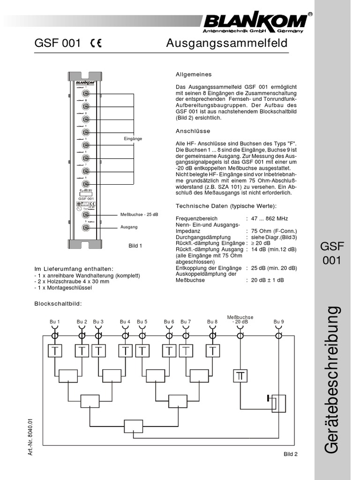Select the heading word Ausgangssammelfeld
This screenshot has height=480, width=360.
pos(227,44)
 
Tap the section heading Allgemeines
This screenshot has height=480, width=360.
pos(194,75)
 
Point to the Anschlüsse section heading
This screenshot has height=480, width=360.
pos(193,131)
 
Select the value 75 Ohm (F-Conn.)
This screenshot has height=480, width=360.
pos(274,231)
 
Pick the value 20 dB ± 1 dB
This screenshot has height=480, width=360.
pos(268,280)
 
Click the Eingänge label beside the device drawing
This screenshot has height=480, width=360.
pos(133,139)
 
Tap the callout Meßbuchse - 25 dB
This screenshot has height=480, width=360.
pos(139,214)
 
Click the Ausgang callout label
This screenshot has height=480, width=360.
pos(129,227)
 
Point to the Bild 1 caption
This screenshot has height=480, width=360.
pos(135,246)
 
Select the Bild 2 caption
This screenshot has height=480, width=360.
pos(291,454)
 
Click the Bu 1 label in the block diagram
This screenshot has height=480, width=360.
pos(55,322)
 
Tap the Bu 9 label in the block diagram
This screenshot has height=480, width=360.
pos(279,322)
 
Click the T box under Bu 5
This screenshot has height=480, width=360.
pos(142,351)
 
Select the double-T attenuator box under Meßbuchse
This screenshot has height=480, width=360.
pos(240,375)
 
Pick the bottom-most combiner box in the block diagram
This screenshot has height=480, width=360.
pos(133,426)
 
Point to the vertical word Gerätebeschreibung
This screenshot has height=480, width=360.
pos(331,380)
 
